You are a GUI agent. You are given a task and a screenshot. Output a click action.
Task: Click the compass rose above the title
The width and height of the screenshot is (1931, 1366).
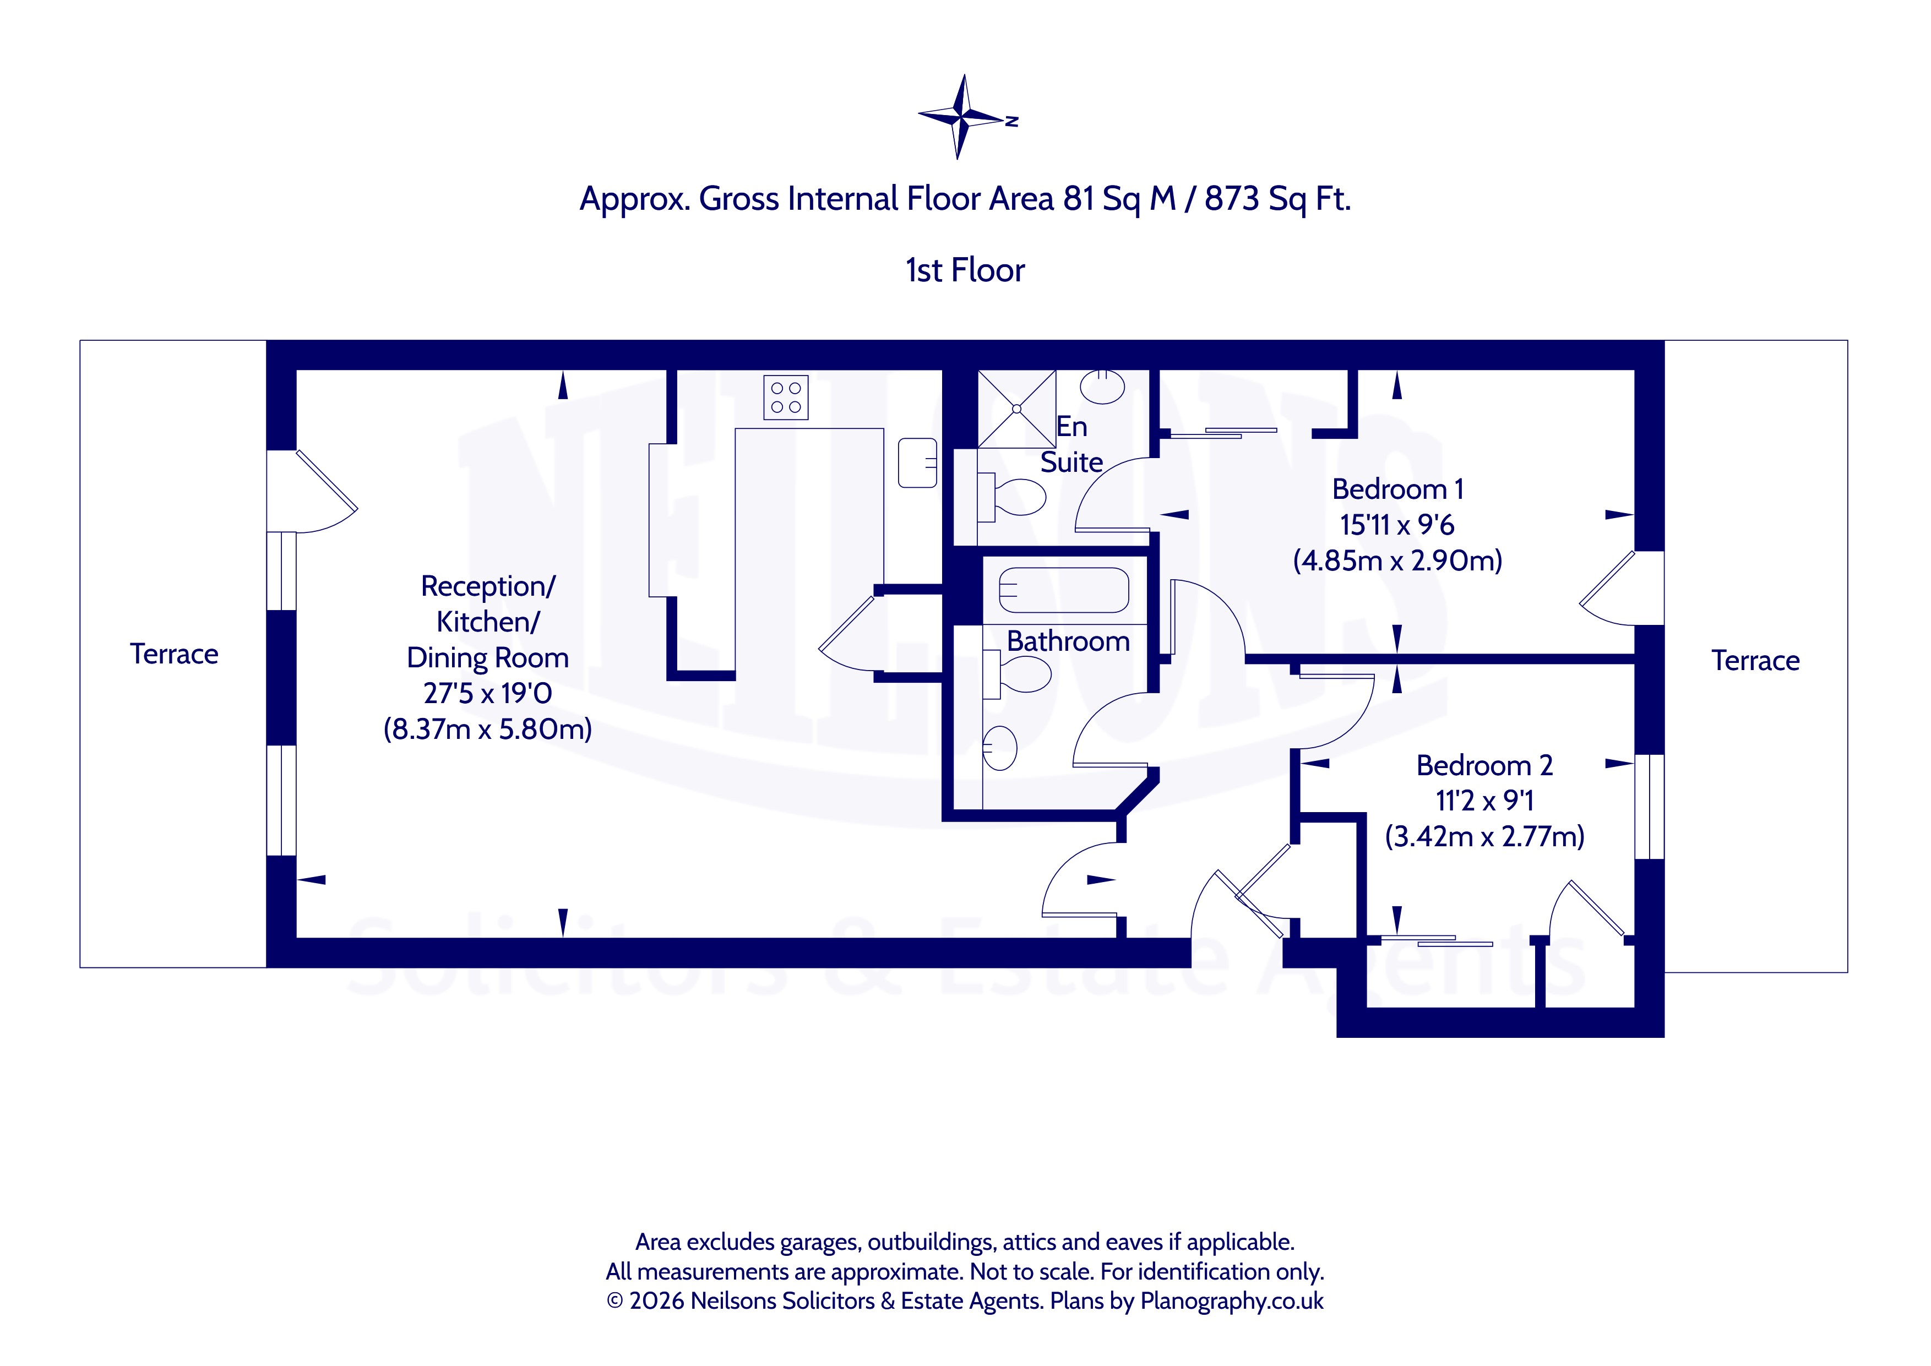(x=964, y=117)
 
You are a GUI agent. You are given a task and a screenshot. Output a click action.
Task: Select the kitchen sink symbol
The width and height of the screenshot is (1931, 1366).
(x=917, y=462)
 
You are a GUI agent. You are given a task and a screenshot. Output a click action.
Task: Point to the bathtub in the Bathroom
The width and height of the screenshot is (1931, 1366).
(x=1063, y=590)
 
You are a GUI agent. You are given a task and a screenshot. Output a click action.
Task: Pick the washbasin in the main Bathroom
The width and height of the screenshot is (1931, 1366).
(x=1000, y=748)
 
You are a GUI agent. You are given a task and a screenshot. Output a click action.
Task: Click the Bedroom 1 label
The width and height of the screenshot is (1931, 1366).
(x=1398, y=489)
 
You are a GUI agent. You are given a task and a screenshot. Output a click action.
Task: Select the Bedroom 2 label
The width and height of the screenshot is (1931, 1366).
(x=1484, y=765)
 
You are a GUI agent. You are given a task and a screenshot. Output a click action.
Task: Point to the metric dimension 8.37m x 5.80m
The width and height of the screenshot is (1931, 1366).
(x=488, y=728)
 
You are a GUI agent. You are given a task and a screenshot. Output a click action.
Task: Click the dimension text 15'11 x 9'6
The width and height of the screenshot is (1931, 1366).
(x=1397, y=525)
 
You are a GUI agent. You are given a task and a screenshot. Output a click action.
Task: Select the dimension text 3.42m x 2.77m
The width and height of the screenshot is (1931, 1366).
(x=1484, y=837)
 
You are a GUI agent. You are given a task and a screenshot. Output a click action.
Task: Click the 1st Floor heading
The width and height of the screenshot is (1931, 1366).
(x=965, y=270)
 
